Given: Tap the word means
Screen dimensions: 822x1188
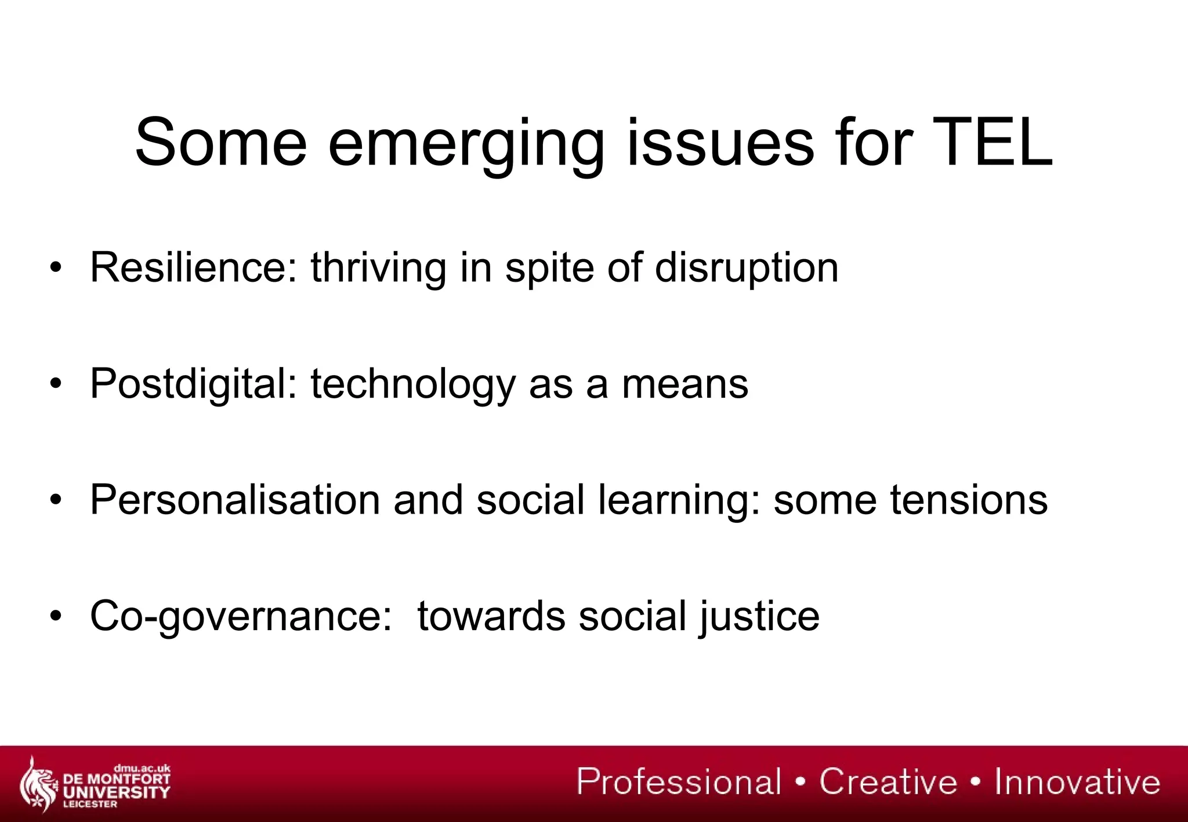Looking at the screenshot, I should (685, 385).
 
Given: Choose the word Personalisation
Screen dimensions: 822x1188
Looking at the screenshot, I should (235, 500).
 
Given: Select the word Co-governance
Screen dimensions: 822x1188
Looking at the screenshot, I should (241, 616).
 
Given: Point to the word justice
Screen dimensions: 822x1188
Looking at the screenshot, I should (759, 616).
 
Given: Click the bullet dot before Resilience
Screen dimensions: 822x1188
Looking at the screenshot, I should (55, 268).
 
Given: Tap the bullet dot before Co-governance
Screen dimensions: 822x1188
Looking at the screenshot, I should (55, 616).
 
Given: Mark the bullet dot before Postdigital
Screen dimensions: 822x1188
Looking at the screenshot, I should (55, 384).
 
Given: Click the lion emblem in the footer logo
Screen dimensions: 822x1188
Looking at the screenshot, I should (37, 783).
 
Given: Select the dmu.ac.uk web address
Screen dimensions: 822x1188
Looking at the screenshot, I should (142, 769).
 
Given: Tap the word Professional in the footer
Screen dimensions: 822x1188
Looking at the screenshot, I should (679, 781).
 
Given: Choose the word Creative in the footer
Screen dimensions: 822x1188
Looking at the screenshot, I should (888, 781).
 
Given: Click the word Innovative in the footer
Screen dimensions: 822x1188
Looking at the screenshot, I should (1077, 781).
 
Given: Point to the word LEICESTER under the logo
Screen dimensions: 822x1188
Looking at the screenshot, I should (90, 804).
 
